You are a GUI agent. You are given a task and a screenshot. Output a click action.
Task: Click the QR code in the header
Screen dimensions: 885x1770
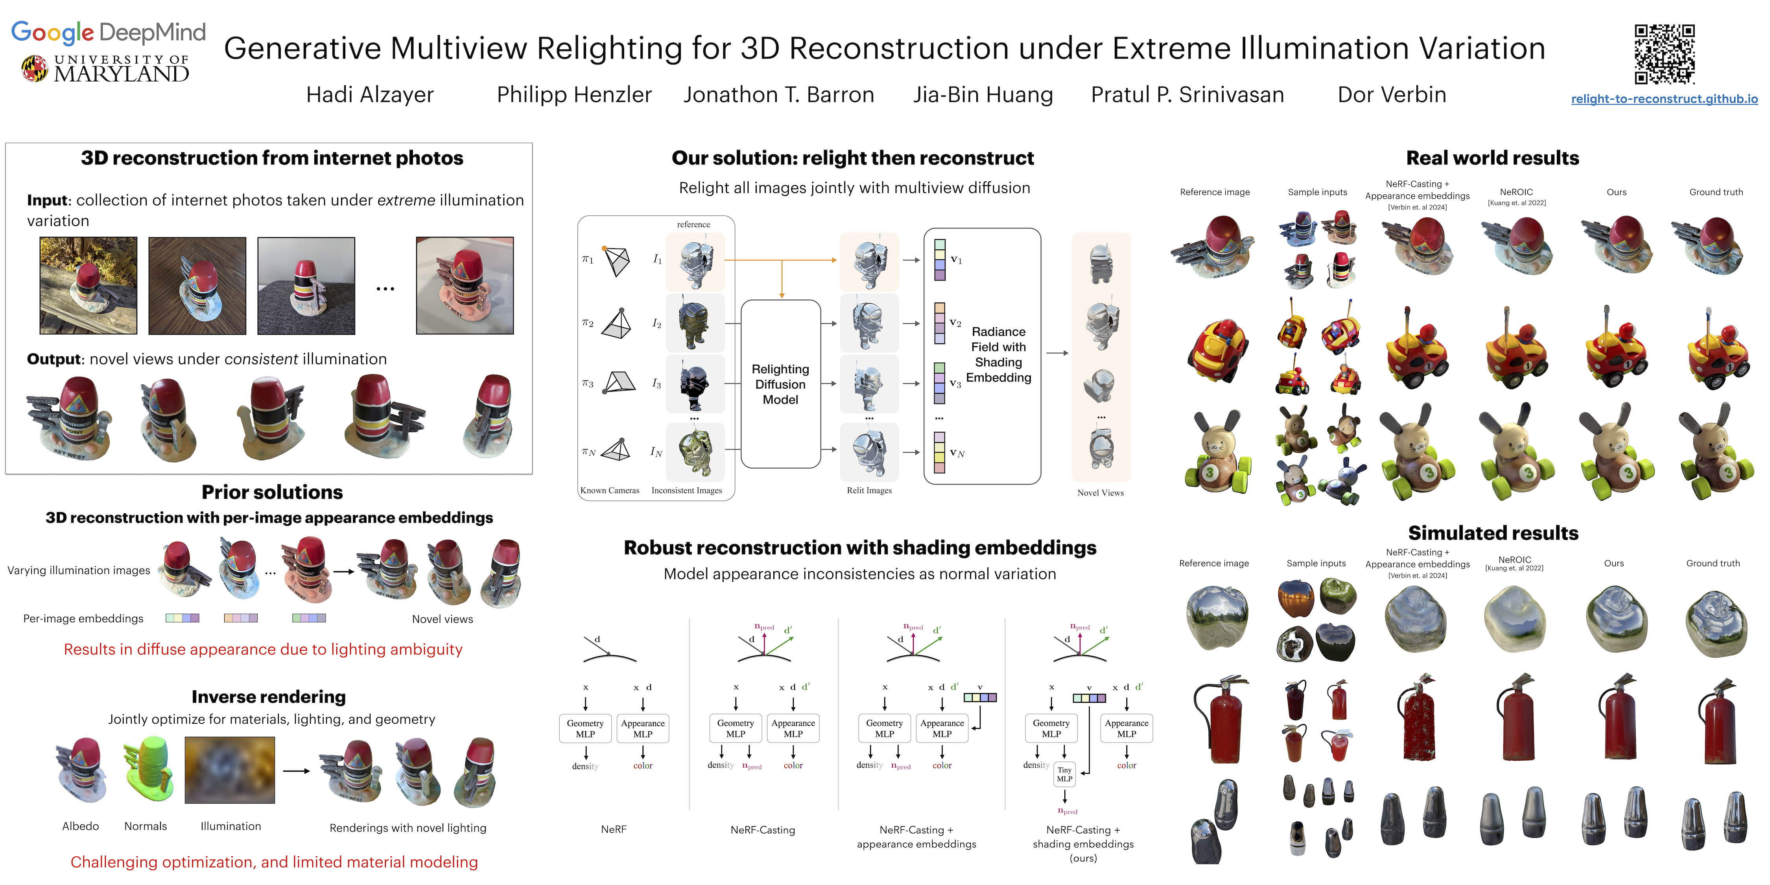[1664, 54]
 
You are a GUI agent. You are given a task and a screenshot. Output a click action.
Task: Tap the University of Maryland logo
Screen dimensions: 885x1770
[105, 69]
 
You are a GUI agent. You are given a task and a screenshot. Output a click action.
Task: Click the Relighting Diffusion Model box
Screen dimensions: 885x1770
[780, 384]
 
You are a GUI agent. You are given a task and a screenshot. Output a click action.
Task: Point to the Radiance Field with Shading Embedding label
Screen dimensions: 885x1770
[998, 354]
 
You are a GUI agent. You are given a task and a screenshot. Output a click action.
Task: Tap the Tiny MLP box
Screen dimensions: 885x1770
[1064, 774]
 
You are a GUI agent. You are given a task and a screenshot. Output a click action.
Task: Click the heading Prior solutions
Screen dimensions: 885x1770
[272, 492]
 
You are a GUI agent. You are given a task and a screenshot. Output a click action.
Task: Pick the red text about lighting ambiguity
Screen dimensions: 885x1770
[263, 649]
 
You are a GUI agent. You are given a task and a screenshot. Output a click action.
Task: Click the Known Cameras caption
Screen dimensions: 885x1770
[609, 490]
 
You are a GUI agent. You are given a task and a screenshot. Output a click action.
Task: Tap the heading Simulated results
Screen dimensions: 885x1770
[1493, 533]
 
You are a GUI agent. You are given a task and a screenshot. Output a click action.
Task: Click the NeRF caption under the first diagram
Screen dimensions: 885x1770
[614, 830]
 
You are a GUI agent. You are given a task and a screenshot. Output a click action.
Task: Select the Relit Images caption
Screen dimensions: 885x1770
[869, 490]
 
